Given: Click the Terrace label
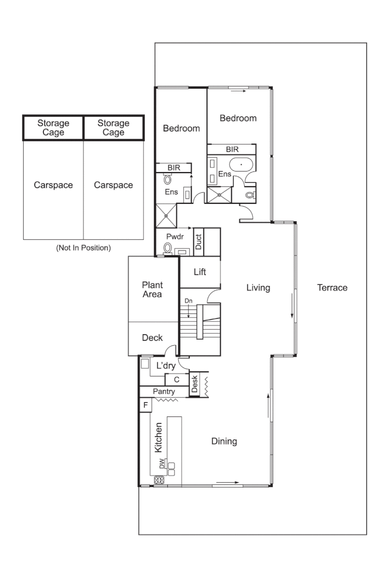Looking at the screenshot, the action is pos(332,288).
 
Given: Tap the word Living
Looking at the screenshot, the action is pos(258,288).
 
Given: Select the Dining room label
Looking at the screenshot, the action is pos(224,441).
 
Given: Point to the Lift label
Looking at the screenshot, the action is pos(200,272).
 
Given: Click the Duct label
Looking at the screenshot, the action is pos(199,242).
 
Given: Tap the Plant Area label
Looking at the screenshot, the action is pos(152,290).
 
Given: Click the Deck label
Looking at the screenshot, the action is pos(152,338).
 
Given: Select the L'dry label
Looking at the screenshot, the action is pos(166,365).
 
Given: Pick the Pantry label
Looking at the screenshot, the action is pos(163,391).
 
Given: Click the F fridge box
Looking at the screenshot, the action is pos(145,405).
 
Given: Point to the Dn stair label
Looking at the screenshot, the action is pos(188,301).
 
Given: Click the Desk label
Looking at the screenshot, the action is pos(195,383).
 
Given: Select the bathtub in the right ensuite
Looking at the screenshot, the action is pos(241,165).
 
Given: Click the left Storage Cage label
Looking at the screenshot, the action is pos(53,128).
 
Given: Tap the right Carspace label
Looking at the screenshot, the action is pos(113,185).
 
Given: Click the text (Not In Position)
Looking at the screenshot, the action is pos(83,248).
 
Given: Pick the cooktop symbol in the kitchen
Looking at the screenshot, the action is pos(160,480).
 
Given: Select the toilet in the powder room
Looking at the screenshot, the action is pos(168,248).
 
